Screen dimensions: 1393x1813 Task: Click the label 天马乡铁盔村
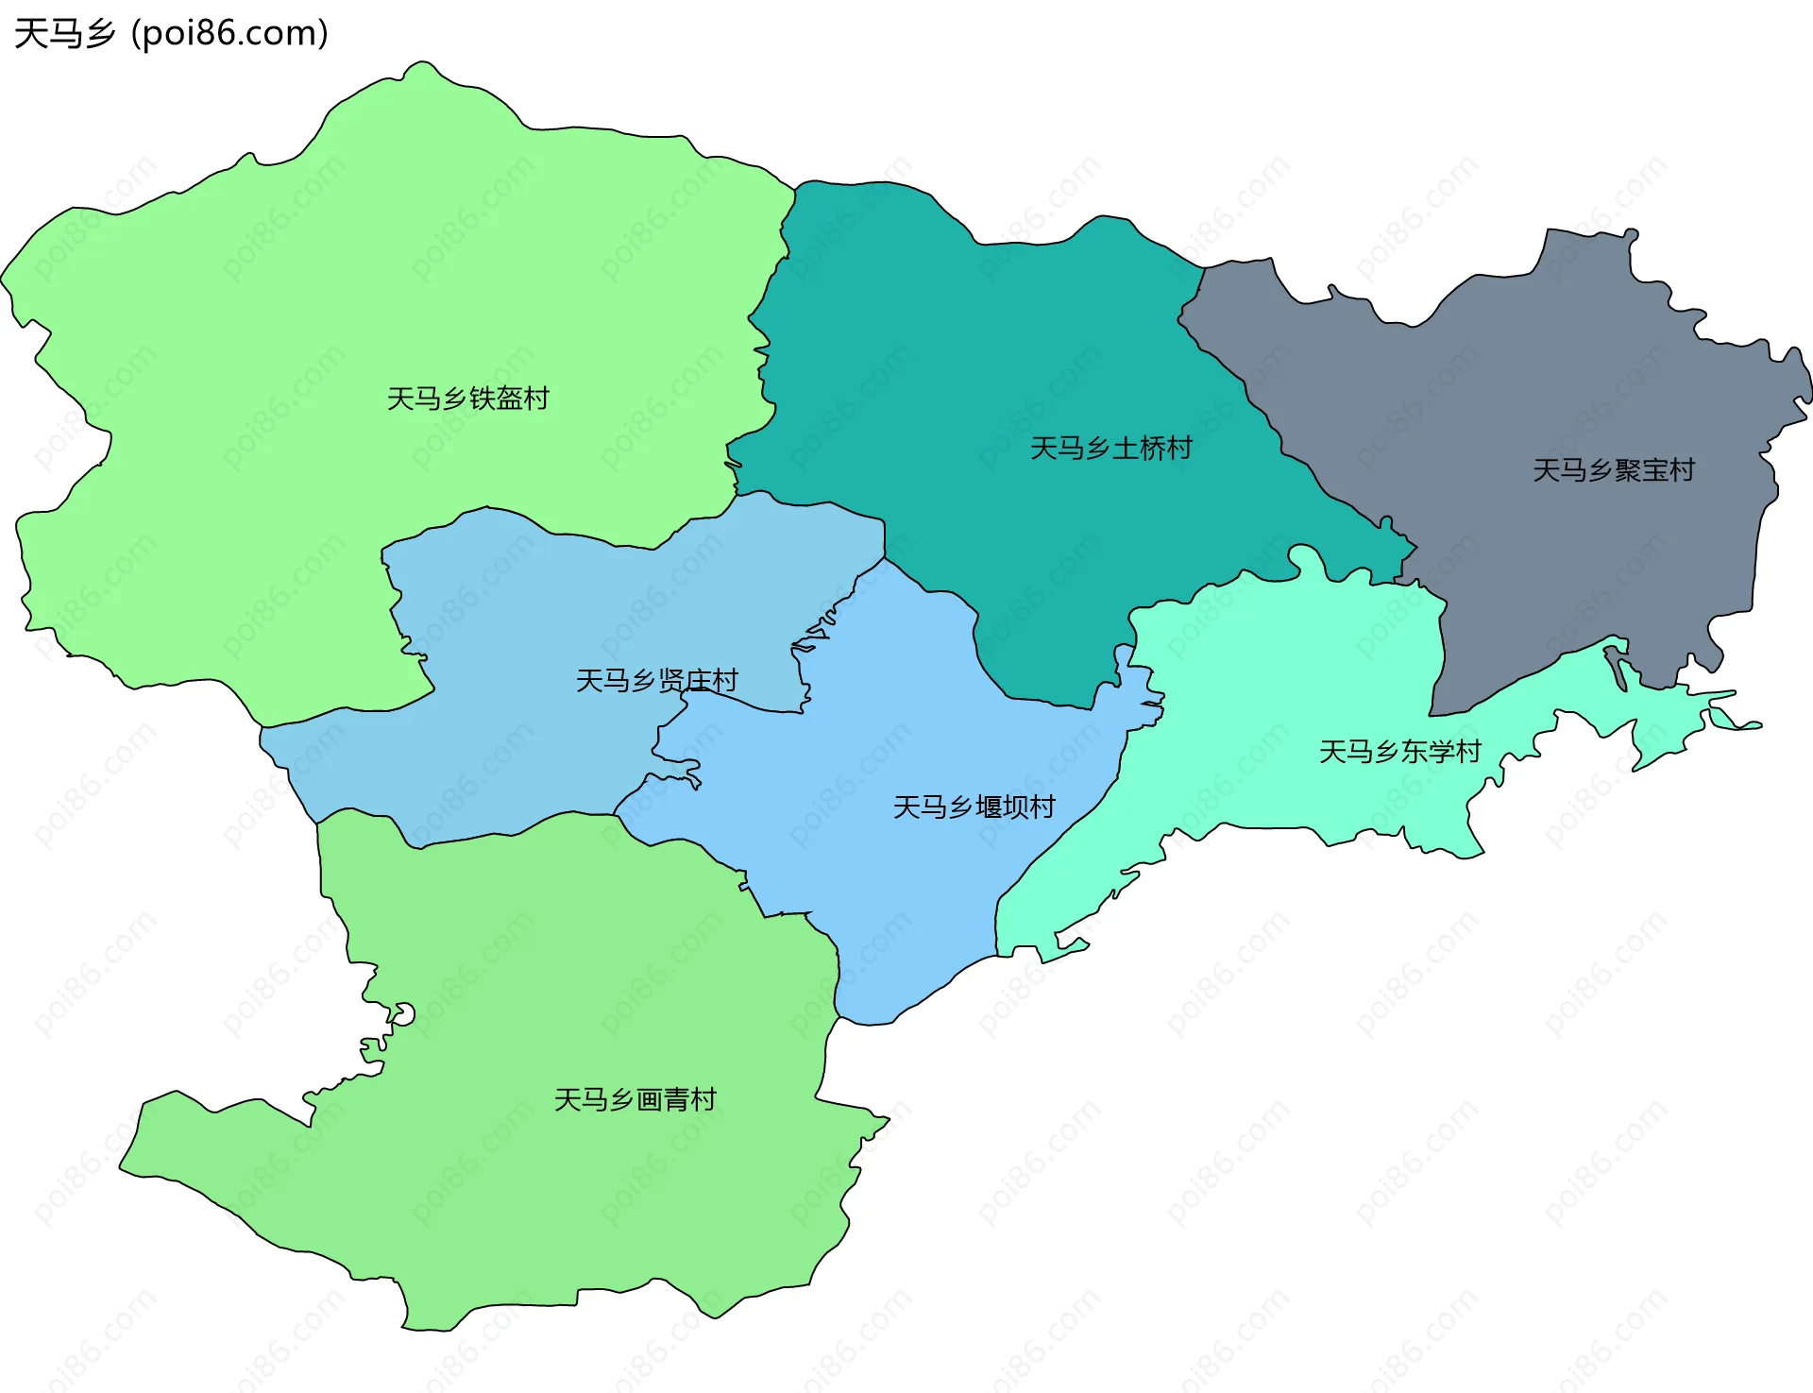click(467, 399)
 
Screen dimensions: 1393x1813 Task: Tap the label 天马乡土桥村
click(1110, 448)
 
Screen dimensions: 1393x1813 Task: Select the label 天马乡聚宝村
click(1613, 470)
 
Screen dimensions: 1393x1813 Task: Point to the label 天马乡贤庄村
click(656, 680)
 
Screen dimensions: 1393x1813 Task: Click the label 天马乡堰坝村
click(974, 807)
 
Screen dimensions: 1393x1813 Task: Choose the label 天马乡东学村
click(1399, 752)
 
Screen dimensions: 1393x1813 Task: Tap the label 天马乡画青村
click(635, 1099)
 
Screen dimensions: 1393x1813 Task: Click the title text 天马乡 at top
click(64, 34)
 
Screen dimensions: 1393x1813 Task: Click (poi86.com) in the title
click(229, 34)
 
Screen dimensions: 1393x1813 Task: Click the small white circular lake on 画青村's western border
click(404, 1014)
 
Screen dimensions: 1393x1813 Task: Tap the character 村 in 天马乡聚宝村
click(1682, 470)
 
